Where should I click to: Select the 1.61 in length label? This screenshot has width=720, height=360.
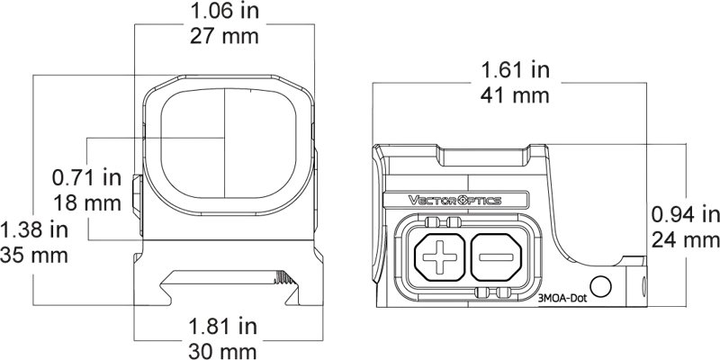pos(510,69)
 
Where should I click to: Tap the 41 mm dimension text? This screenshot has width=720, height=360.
pos(510,95)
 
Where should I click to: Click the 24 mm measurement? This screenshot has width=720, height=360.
pos(684,240)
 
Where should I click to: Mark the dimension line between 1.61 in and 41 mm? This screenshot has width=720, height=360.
pos(510,83)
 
